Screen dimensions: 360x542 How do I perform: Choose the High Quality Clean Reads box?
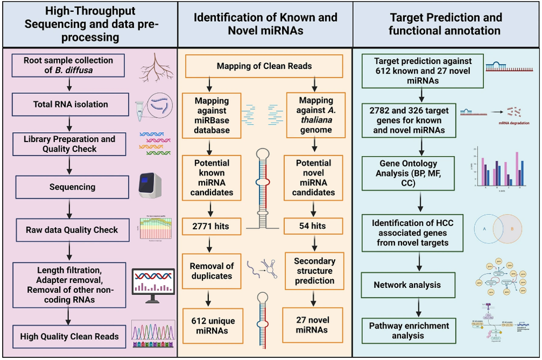[x=69, y=336]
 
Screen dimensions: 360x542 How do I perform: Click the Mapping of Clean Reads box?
[x=264, y=66]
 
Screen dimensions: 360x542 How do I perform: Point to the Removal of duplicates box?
[x=212, y=271]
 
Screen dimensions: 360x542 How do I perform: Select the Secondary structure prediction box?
[x=314, y=271]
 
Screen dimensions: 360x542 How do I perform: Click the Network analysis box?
[x=407, y=285]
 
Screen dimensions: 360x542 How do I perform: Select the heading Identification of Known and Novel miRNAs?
[x=265, y=24]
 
